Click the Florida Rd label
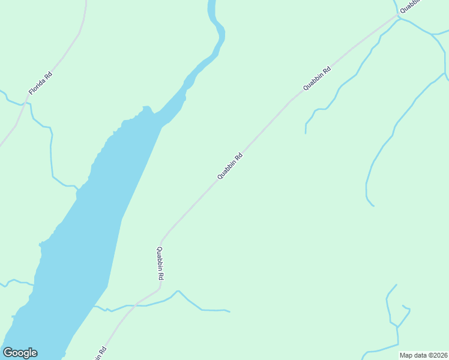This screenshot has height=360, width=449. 40,83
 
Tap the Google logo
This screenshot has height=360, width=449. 20,353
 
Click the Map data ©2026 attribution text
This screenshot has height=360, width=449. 423,355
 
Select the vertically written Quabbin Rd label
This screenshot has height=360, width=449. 160,264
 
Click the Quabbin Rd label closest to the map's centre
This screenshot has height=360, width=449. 230,166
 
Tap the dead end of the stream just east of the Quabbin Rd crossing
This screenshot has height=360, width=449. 229,311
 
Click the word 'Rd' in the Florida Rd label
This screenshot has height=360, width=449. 48,76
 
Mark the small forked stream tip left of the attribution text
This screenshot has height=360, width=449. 405,308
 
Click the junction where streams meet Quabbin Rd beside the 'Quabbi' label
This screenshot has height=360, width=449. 398,17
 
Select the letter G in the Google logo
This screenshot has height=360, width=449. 8,353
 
